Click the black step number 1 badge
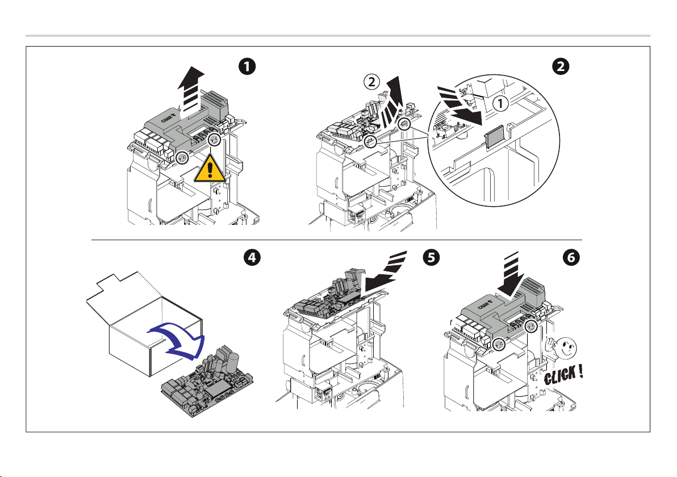coord(246,66)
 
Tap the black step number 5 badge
coord(432,257)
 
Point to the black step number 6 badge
coord(571,257)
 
